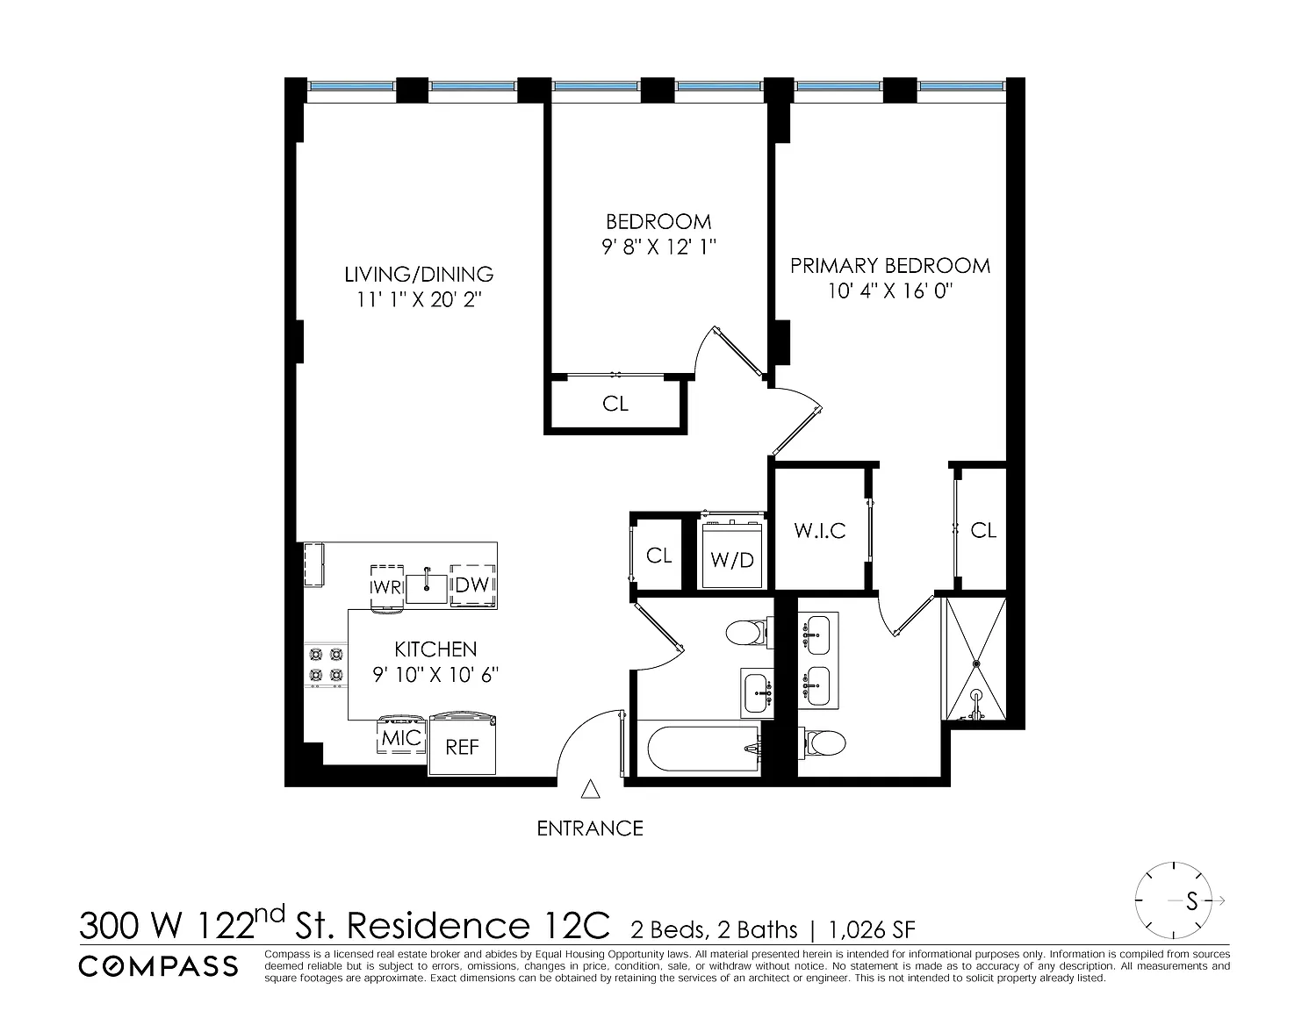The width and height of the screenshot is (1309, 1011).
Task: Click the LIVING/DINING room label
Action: (x=419, y=274)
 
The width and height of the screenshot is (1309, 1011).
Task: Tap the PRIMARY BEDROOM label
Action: (x=889, y=266)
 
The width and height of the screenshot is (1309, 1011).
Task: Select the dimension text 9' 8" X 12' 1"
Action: (x=658, y=247)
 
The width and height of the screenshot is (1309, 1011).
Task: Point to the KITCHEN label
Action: (x=435, y=649)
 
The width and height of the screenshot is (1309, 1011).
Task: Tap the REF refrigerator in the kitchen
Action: (x=462, y=743)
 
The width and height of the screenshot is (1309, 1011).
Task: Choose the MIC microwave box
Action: (x=401, y=735)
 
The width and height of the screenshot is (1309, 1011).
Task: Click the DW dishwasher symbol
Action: (x=473, y=585)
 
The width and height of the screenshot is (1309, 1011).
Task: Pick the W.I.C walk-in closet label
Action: (x=820, y=530)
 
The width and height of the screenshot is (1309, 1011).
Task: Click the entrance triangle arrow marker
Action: (x=590, y=790)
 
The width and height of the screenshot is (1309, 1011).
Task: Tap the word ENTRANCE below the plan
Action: (x=590, y=828)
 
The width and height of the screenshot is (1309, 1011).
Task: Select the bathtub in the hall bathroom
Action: (x=702, y=749)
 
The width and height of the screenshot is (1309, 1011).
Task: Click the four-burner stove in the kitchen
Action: (x=326, y=664)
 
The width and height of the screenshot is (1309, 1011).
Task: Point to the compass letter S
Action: (x=1191, y=900)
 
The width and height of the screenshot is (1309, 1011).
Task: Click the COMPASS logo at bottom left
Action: (x=158, y=966)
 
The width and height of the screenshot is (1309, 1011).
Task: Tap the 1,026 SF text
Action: (x=872, y=930)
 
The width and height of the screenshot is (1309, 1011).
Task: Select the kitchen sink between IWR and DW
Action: (x=427, y=588)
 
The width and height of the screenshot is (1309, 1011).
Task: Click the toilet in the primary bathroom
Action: (x=822, y=742)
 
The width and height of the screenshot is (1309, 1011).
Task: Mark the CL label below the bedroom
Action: (x=615, y=404)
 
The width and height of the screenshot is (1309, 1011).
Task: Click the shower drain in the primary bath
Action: (x=976, y=664)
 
